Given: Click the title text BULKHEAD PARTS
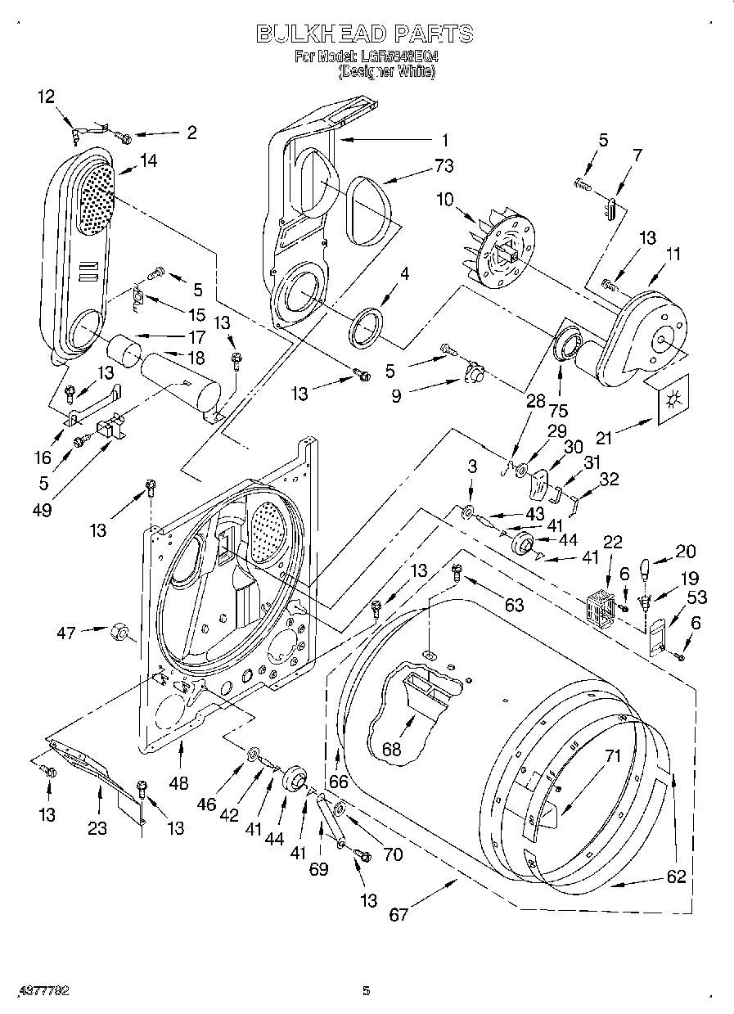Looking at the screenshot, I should [x=365, y=34].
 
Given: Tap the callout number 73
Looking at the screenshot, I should [x=444, y=166].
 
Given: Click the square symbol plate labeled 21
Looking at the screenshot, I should [x=673, y=400].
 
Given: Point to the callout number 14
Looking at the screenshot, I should [x=148, y=161].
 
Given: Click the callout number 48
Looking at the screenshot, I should [x=178, y=783].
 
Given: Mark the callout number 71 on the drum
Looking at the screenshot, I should [x=614, y=757].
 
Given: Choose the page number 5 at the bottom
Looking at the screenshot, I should [x=366, y=991].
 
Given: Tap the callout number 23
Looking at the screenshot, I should [x=97, y=828].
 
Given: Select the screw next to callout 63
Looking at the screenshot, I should [x=458, y=575].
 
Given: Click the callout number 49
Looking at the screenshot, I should [x=43, y=510].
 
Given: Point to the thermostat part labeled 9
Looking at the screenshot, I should [x=473, y=373].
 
